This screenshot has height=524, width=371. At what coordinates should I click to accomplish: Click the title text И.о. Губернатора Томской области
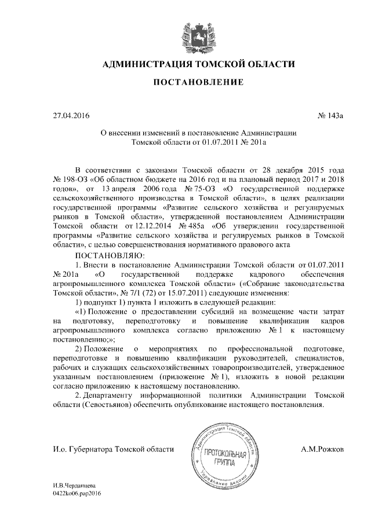(104, 449)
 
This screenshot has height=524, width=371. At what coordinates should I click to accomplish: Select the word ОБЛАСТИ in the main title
(265, 63)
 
